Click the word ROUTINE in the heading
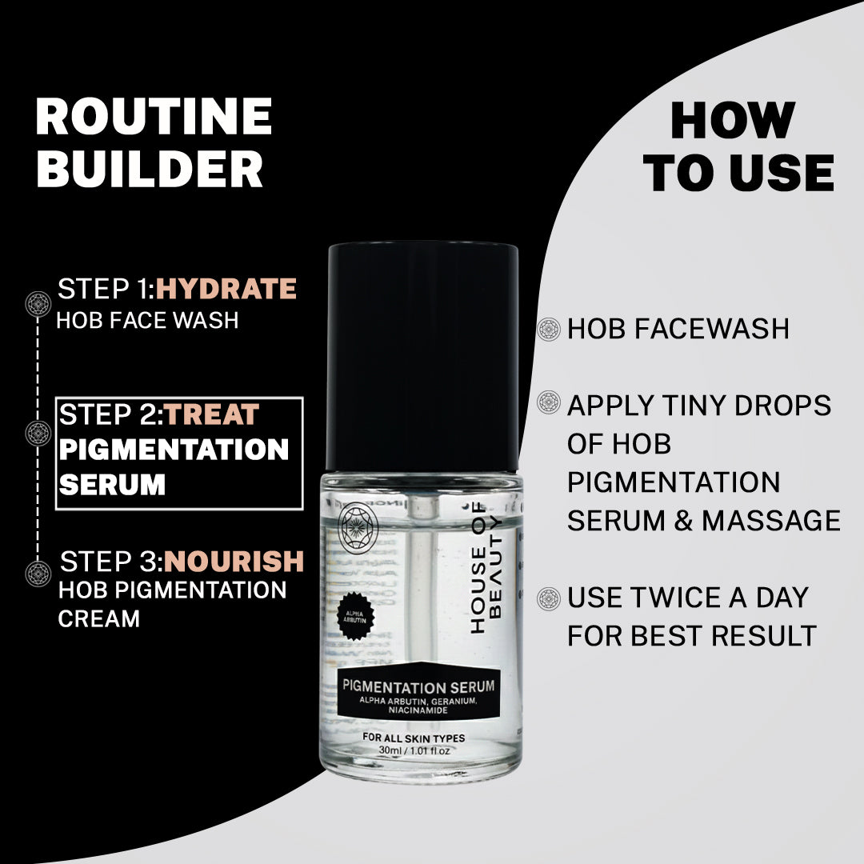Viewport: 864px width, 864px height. pyautogui.click(x=154, y=117)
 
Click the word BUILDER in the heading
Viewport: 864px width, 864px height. pyautogui.click(x=149, y=169)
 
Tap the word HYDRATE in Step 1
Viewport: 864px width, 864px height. pyautogui.click(x=226, y=289)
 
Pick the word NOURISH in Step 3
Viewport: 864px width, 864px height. pyautogui.click(x=234, y=561)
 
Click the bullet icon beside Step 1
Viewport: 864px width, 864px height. pyautogui.click(x=38, y=303)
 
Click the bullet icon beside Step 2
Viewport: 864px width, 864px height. pyautogui.click(x=38, y=433)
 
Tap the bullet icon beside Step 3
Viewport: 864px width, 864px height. pyautogui.click(x=38, y=573)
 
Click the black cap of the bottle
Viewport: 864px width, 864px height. pyautogui.click(x=422, y=356)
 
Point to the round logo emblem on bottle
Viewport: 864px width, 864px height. pyautogui.click(x=359, y=523)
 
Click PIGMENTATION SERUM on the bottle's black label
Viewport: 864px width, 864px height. pyautogui.click(x=418, y=686)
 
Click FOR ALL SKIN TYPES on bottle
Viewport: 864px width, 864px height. pyautogui.click(x=414, y=738)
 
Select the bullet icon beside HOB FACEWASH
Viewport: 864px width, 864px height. pyautogui.click(x=549, y=329)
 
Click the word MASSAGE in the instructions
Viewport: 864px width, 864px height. pyautogui.click(x=771, y=521)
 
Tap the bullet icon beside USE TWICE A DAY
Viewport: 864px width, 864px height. pyautogui.click(x=549, y=598)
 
